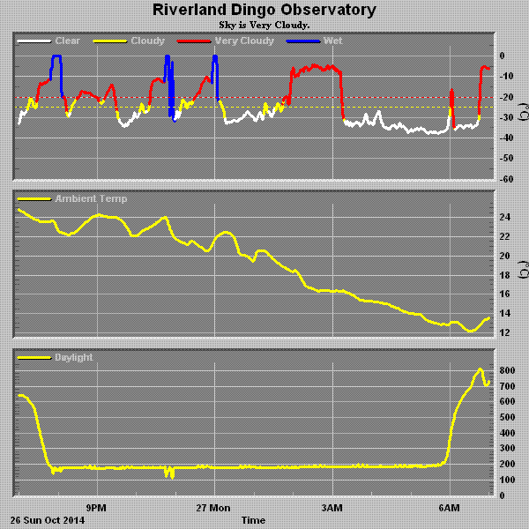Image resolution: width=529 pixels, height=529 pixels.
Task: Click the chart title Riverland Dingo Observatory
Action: click(264, 11)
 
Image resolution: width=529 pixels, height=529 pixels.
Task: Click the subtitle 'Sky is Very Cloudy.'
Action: click(264, 25)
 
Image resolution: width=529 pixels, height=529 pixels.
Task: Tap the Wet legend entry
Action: click(332, 41)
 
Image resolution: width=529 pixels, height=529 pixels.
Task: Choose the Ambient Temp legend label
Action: click(91, 199)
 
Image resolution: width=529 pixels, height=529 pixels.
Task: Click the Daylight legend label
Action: click(73, 358)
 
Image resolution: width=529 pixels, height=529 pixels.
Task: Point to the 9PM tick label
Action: click(96, 509)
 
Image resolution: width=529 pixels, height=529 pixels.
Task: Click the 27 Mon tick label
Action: click(213, 509)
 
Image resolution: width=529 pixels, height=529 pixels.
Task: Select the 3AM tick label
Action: click(332, 509)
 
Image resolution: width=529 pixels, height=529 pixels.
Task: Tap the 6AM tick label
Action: click(450, 509)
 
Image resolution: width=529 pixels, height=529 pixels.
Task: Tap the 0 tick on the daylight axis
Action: click(503, 495)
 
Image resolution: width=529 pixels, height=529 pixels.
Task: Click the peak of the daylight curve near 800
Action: click(480, 369)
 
